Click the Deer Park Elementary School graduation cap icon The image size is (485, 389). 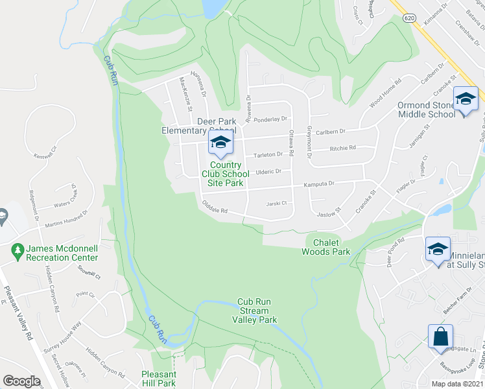click(x=220, y=142)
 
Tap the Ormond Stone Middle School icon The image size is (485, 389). click(x=465, y=99)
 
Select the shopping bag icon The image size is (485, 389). click(x=440, y=336)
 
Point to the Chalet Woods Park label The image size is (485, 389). click(x=327, y=247)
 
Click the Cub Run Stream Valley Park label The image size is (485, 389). click(x=257, y=311)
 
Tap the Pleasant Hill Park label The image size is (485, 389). click(x=159, y=379)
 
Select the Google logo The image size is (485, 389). click(x=21, y=381)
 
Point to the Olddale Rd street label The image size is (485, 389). click(x=215, y=210)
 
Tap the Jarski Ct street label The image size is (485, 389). click(x=276, y=204)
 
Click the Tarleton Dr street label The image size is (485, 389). click(x=268, y=154)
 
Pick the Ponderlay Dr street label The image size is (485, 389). click(x=270, y=119)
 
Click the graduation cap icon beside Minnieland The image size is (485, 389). click(x=437, y=249)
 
